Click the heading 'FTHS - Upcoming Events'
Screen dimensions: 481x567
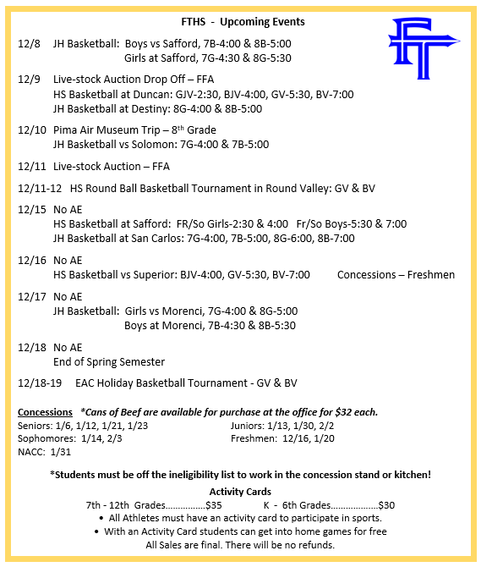coord(243,21)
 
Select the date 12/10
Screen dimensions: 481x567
coord(30,130)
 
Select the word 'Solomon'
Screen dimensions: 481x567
coord(174,145)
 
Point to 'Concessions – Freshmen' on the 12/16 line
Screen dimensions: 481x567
coord(396,274)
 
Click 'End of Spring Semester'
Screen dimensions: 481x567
coord(109,361)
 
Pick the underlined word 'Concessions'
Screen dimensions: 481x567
coord(45,412)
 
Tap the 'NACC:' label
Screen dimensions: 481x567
coord(32,453)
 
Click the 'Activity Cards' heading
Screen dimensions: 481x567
coord(240,492)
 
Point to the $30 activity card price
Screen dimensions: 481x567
coord(386,505)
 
